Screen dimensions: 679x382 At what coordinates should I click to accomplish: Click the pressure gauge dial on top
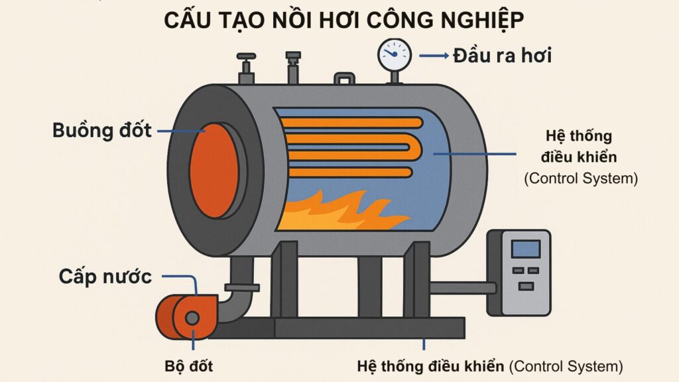pyautogui.click(x=394, y=55)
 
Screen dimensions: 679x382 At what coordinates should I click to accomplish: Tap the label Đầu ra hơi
pyautogui.click(x=503, y=56)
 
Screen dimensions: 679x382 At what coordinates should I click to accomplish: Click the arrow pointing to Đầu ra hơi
pyautogui.click(x=434, y=56)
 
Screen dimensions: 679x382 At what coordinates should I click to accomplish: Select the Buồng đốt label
pyautogui.click(x=102, y=131)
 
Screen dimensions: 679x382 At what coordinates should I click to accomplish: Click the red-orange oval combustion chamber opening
pyautogui.click(x=214, y=170)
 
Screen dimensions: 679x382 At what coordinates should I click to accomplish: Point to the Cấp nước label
pyautogui.click(x=105, y=277)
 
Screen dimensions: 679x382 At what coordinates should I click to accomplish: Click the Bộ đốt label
pyautogui.click(x=189, y=366)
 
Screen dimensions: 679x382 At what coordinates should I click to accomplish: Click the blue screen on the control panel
pyautogui.click(x=526, y=249)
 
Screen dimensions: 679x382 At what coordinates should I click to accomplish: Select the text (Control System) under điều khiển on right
pyautogui.click(x=581, y=178)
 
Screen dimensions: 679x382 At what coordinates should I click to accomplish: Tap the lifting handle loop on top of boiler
pyautogui.click(x=344, y=78)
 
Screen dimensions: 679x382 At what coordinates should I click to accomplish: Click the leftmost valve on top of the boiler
pyautogui.click(x=246, y=68)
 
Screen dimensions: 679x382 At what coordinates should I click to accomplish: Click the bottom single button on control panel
pyautogui.click(x=526, y=286)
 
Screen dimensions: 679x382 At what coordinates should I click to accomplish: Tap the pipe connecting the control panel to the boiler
pyautogui.click(x=462, y=288)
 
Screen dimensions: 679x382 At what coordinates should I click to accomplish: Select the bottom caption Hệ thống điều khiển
pyautogui.click(x=430, y=366)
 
